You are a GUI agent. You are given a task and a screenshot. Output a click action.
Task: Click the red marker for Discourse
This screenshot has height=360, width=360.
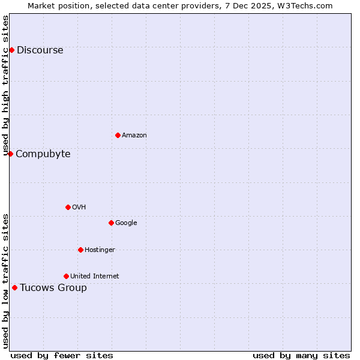[x=11, y=50]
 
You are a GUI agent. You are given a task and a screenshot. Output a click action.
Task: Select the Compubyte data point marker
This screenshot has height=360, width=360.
[x=10, y=154]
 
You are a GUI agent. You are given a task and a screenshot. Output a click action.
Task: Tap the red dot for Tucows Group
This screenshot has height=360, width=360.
[x=14, y=287]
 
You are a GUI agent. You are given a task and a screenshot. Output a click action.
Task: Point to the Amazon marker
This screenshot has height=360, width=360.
[x=118, y=135]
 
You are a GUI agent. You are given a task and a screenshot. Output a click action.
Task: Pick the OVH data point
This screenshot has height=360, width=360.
[x=68, y=207]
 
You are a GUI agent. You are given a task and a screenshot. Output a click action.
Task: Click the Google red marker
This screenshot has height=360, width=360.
[x=111, y=223]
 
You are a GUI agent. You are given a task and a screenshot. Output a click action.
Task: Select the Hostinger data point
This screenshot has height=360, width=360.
[x=80, y=250]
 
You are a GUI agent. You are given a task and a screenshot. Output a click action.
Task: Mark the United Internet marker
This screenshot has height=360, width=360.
[x=66, y=276]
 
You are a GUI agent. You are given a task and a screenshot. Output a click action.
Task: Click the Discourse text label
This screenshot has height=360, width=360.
[x=40, y=50]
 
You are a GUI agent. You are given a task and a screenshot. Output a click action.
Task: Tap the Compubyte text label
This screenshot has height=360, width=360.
[x=43, y=154]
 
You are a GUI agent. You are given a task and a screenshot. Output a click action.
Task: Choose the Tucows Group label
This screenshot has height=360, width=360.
[x=53, y=288]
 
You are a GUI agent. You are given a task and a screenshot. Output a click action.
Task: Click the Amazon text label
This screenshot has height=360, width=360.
[x=134, y=136]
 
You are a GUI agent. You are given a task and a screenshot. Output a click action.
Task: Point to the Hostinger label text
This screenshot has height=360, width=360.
[x=100, y=250]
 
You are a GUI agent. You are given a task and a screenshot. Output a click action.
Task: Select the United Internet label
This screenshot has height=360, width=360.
[x=94, y=277]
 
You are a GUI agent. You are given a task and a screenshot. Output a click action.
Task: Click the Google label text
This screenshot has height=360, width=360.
[x=126, y=223]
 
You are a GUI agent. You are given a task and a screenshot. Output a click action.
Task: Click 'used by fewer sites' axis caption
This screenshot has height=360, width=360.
[x=62, y=356]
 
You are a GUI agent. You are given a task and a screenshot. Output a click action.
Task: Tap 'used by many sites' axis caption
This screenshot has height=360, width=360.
[x=301, y=356]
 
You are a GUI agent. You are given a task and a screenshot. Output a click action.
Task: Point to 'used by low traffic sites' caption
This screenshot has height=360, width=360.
[x=6, y=280]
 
